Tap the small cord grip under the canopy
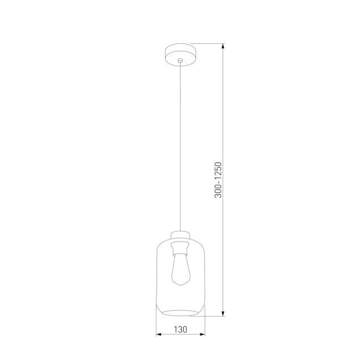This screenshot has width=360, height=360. click(x=180, y=60)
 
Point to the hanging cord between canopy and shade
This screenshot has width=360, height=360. click(x=180, y=144)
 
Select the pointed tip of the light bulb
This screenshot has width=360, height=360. click(x=180, y=285)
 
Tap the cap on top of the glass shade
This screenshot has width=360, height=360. click(x=180, y=234)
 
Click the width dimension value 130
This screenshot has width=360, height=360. click(x=180, y=328)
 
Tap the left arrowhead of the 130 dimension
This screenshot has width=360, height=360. click(x=158, y=335)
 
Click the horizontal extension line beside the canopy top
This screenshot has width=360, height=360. click(x=208, y=44)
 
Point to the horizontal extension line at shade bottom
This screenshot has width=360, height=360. click(x=213, y=316)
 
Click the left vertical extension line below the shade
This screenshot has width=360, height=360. click(x=156, y=327)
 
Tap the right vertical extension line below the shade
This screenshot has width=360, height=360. click(x=205, y=327)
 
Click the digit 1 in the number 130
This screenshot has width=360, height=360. click(x=175, y=328)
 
